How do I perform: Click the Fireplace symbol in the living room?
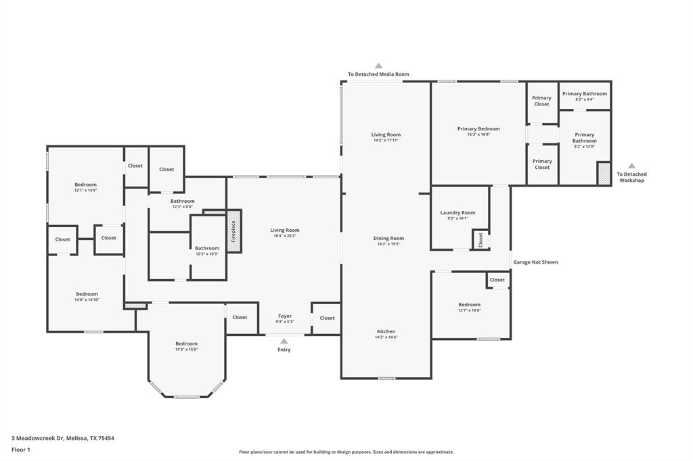[233, 232]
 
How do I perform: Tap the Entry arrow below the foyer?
[284, 341]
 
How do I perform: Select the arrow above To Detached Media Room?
[378, 66]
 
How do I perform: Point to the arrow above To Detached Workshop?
[631, 166]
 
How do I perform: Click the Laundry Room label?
[457, 212]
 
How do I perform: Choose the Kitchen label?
[386, 331]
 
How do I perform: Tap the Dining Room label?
[388, 238]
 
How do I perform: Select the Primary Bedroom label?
[478, 128]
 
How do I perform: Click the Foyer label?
[285, 316]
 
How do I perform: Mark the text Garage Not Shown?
[535, 262]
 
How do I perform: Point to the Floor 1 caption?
[22, 450]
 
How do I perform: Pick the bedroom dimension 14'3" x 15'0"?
[186, 349]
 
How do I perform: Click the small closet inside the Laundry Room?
[480, 239]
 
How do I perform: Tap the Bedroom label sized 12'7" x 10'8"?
[469, 304]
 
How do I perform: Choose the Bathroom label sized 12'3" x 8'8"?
[182, 201]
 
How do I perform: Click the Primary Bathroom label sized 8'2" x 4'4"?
[585, 94]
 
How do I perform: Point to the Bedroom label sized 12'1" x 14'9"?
[85, 185]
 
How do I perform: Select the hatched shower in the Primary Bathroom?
[603, 174]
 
